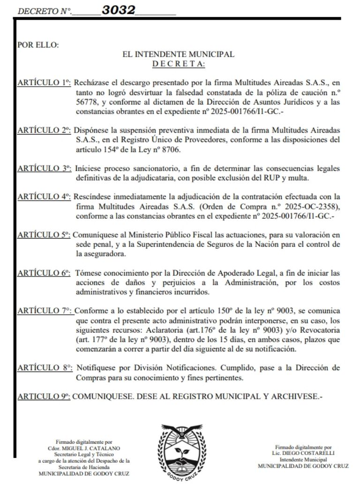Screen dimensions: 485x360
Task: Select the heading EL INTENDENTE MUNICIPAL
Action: click(178, 54)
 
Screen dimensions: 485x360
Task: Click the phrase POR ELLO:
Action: click(38, 45)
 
